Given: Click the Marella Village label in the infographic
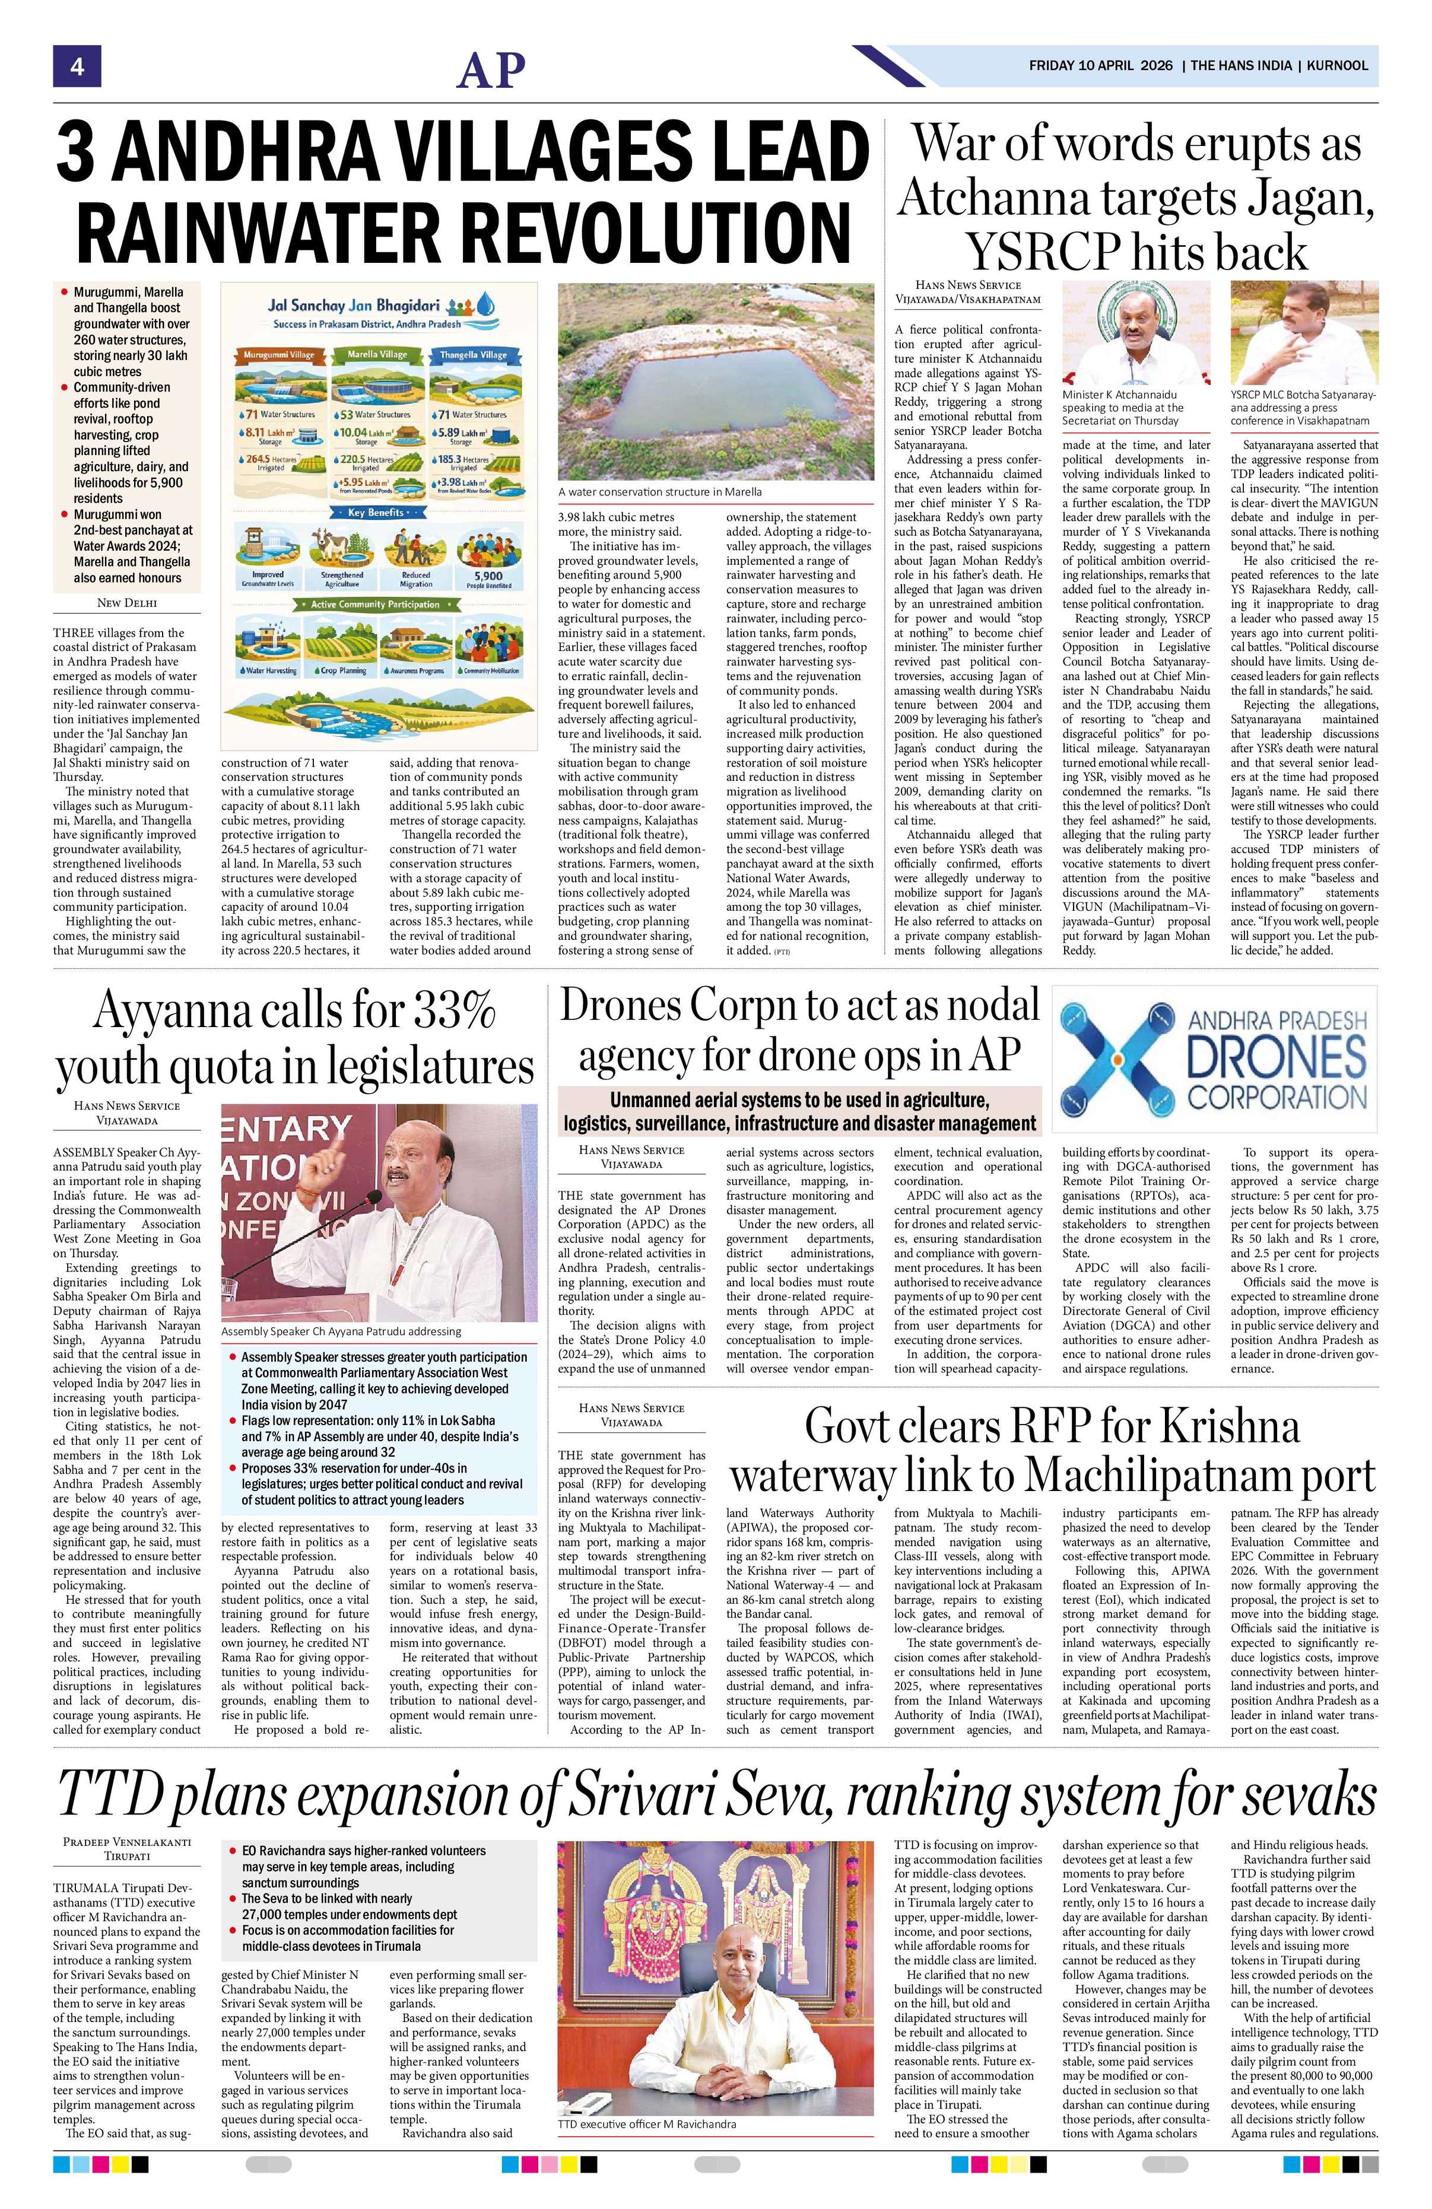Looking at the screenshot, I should point(377,355).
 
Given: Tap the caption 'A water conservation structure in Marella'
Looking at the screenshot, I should point(660,491).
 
